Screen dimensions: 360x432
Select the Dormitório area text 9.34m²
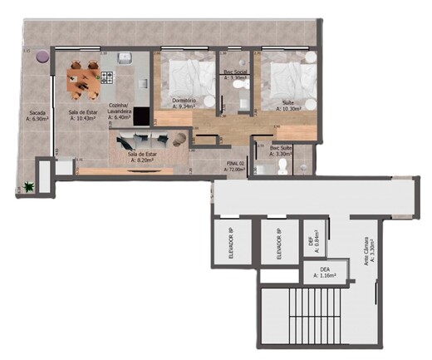point(184,106)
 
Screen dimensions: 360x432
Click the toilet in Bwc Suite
point(282,167)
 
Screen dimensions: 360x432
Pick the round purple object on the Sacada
point(41,57)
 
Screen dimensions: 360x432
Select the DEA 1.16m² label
point(325,271)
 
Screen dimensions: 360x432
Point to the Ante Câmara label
point(366,249)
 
